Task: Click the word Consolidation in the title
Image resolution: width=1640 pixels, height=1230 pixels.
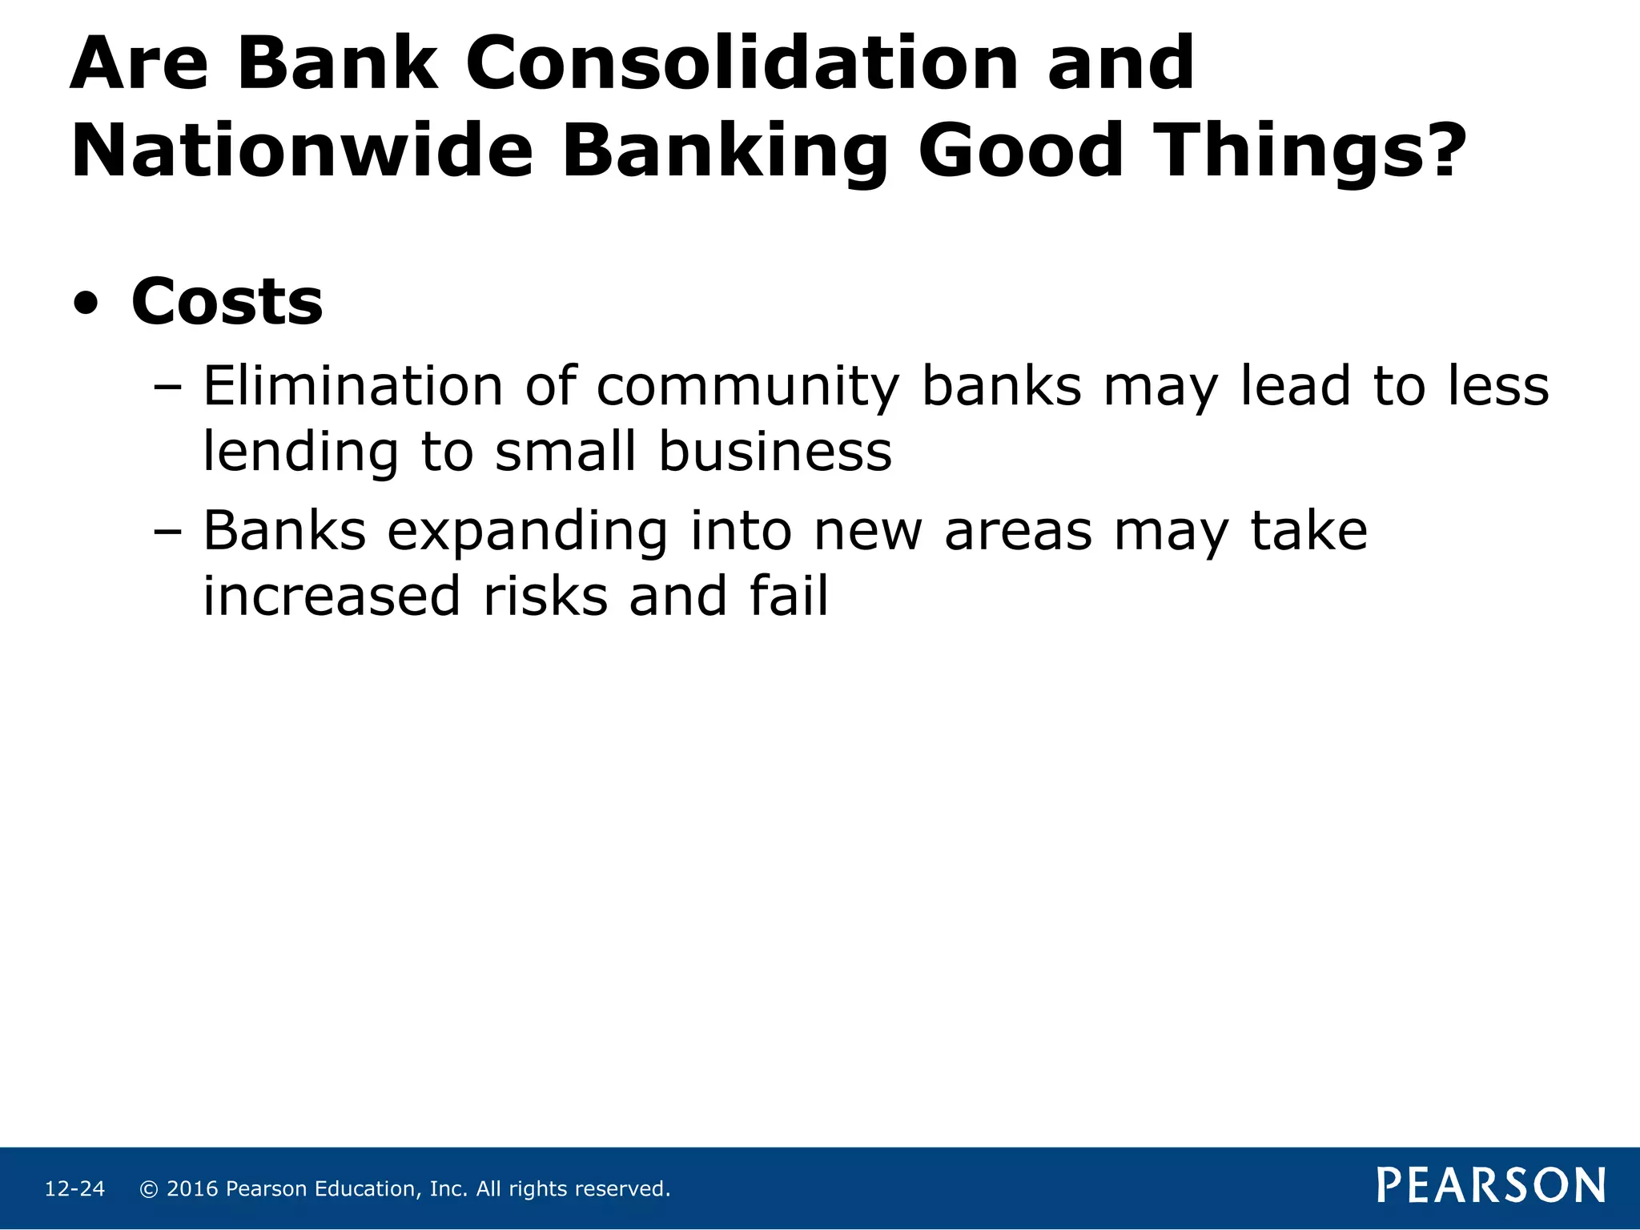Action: point(742,64)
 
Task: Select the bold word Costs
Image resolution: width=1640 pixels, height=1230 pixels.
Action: point(227,302)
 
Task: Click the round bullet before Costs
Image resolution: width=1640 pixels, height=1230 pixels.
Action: point(86,304)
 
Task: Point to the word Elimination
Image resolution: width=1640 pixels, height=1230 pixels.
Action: point(352,386)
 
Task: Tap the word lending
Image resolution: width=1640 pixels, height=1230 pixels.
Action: point(300,453)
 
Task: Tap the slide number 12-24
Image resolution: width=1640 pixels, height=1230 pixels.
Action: point(74,1189)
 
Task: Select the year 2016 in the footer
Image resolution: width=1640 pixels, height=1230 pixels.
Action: point(192,1189)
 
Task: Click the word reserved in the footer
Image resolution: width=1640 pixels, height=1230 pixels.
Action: point(628,1189)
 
